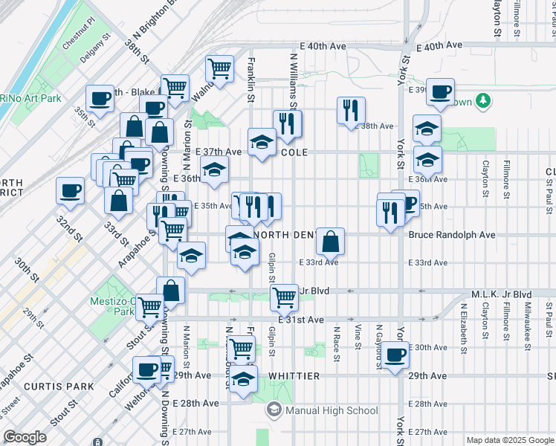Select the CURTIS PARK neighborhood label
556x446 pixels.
click(x=59, y=387)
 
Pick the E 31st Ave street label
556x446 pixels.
click(x=302, y=320)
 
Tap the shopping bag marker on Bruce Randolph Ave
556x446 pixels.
click(x=331, y=241)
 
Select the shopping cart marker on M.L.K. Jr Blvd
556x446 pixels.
click(x=285, y=297)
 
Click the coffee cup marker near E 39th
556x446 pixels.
click(x=441, y=92)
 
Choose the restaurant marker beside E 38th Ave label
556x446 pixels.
click(x=351, y=111)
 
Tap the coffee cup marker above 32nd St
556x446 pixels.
click(x=71, y=191)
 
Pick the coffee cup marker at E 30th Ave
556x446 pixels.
click(x=395, y=355)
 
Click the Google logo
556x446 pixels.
click(x=25, y=437)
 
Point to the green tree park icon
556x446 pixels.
click(x=482, y=100)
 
